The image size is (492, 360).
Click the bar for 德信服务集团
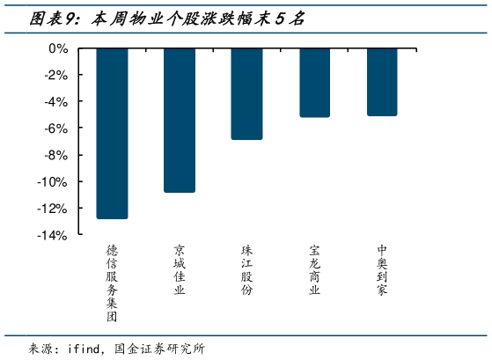point(112,133)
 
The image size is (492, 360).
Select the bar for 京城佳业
point(180,120)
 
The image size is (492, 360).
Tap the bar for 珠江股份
point(246,93)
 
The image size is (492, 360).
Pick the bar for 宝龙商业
point(314,82)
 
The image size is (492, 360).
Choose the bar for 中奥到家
point(382,81)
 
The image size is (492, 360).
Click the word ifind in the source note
point(85,348)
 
